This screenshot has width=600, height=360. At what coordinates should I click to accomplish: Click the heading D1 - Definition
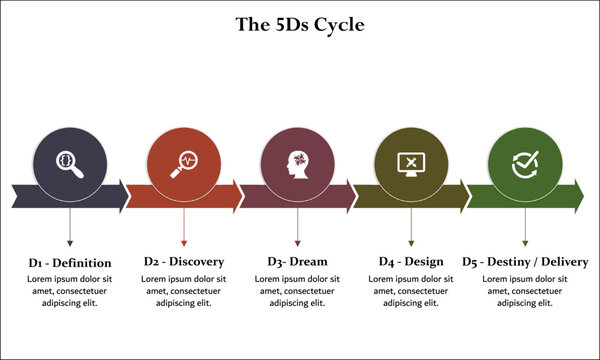tap(69, 262)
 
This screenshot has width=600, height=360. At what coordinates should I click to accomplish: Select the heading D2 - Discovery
tap(184, 262)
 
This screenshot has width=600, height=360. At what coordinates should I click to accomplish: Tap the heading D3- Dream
tap(298, 262)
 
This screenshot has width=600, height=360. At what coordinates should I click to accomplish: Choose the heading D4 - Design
tap(411, 262)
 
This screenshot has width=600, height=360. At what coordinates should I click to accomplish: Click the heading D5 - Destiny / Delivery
tap(525, 262)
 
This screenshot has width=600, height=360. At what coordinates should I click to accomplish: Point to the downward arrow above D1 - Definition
tap(69, 228)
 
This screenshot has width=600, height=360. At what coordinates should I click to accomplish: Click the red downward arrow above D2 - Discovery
tap(184, 228)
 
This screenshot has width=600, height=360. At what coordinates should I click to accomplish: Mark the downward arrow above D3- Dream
tap(298, 228)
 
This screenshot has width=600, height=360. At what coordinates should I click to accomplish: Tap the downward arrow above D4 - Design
tap(411, 228)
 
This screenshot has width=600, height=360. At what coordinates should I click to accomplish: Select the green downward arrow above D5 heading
tap(525, 228)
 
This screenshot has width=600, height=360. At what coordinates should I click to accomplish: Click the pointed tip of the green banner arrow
tap(583, 195)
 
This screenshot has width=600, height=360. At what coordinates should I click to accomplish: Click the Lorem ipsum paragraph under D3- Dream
tap(298, 290)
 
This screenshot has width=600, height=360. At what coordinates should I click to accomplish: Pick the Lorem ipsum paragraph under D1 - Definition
tap(69, 290)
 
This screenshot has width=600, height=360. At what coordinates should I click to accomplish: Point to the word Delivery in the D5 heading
tap(562, 262)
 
